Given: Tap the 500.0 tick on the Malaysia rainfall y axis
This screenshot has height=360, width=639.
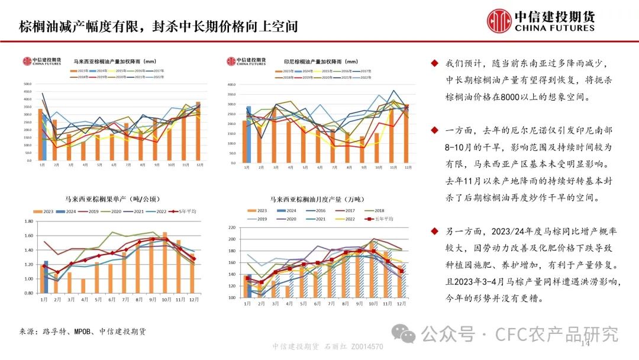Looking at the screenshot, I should coord(27,83).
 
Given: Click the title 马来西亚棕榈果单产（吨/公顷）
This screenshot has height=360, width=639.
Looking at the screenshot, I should coord(112,199).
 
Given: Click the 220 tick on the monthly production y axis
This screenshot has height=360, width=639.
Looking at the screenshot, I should coord(232,228).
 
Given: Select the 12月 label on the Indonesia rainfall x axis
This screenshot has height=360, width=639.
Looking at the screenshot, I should coord(408,169).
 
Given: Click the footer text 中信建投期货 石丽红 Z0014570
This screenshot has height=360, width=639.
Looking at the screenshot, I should coord(327,347).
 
